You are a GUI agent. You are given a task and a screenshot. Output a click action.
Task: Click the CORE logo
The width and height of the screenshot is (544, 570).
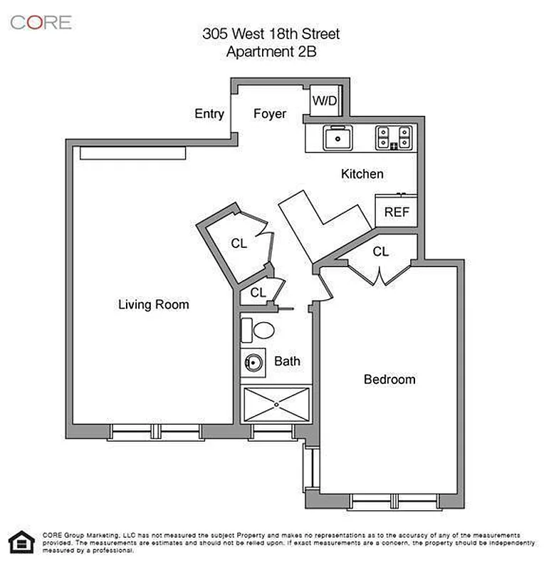coord(41,22)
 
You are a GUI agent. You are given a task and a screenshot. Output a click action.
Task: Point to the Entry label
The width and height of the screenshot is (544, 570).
coord(209,114)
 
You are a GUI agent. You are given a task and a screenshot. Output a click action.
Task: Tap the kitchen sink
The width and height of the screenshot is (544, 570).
coord(335,138)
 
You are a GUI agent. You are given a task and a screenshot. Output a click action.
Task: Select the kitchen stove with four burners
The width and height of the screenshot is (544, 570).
coord(394,137)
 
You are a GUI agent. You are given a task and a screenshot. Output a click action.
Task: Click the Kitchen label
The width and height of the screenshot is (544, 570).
coord(362,174)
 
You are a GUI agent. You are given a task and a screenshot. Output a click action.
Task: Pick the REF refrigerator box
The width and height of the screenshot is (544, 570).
coord(395,212)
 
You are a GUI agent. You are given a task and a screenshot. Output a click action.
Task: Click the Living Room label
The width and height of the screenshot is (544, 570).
coord(153,305)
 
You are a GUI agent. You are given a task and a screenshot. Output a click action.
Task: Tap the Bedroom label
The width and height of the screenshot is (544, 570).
coord(389,379)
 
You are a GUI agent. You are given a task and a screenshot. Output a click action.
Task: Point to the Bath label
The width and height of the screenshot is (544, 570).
coord(287,361)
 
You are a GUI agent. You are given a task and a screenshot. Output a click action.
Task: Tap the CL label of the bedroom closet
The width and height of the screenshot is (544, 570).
coord(381,252)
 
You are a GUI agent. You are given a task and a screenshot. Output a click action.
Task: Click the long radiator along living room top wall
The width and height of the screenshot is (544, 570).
coord(132,152)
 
